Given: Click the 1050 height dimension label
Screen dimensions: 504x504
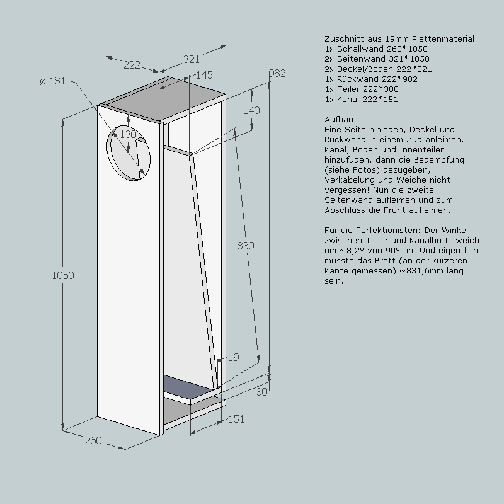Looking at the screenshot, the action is (63, 275).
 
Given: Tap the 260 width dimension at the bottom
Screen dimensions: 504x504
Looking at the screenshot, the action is (93, 440).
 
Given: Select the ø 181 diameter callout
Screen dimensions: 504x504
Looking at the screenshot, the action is (53, 81).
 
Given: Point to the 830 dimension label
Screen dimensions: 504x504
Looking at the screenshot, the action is (246, 246).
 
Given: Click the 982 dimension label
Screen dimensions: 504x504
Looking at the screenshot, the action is (277, 73).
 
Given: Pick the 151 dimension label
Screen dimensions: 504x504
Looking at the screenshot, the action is (236, 419).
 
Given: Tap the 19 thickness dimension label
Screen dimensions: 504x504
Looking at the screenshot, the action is (234, 357).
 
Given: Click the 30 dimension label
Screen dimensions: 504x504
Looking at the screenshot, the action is (262, 392).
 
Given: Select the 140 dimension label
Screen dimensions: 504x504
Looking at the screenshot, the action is (251, 111).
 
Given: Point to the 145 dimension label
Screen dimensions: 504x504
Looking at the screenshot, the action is (204, 75).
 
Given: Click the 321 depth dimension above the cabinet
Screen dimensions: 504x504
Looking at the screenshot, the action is (192, 59).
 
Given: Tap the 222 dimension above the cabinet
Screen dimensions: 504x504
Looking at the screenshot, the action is (132, 66).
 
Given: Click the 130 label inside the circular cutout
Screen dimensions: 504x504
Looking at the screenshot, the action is (129, 134).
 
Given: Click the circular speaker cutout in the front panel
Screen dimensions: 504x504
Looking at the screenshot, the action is (129, 152).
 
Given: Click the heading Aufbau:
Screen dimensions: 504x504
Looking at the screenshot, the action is (340, 120).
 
